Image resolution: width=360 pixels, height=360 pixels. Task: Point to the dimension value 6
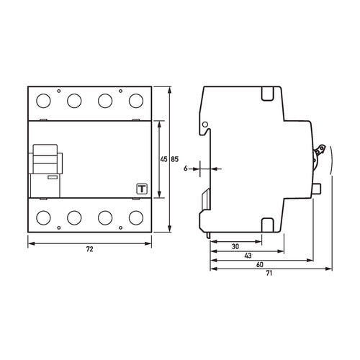pyautogui.click(x=186, y=168)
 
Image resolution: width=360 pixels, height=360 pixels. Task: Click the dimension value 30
pyautogui.click(x=235, y=246)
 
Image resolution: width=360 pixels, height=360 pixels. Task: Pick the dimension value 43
pyautogui.click(x=248, y=256)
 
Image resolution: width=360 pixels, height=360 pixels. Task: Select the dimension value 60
pyautogui.click(x=259, y=265)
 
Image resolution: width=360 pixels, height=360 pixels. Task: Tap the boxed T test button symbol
pyautogui.click(x=141, y=189)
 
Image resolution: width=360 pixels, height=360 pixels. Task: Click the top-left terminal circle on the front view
pyautogui.click(x=42, y=102)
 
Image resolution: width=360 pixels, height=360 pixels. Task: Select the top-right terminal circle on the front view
pyautogui.click(x=134, y=102)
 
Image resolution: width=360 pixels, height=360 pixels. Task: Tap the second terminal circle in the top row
pyautogui.click(x=73, y=102)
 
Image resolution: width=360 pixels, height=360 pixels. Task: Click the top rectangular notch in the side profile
pyautogui.click(x=266, y=94)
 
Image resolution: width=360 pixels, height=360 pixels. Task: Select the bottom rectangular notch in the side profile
pyautogui.click(x=266, y=223)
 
